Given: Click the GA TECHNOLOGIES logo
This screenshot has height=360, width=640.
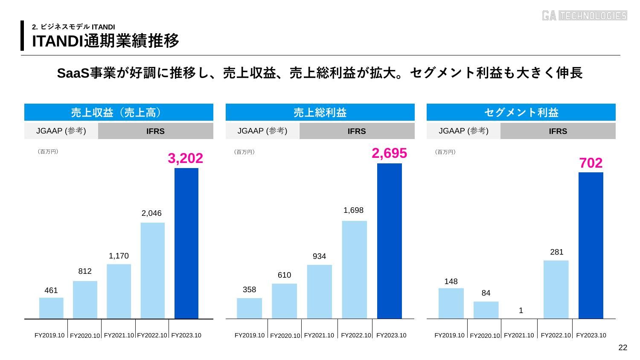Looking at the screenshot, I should (584, 15).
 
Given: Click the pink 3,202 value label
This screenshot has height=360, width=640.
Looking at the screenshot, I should (185, 158).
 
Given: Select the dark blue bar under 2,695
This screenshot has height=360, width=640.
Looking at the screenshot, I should (389, 241).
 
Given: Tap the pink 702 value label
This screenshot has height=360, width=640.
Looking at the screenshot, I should (591, 163).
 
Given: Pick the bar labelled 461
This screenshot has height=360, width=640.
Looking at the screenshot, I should (51, 308).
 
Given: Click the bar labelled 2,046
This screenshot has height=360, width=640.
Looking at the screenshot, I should (152, 270).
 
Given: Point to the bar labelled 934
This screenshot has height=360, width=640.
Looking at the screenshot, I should (319, 291).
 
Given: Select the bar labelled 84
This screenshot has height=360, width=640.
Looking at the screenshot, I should (486, 310).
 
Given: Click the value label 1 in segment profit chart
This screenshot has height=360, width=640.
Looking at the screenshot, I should (521, 311).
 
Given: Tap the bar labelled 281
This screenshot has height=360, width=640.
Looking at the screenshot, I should (556, 289).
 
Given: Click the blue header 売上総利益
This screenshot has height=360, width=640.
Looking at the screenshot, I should (320, 113).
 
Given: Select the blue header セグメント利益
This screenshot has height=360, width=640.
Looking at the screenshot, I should (521, 113).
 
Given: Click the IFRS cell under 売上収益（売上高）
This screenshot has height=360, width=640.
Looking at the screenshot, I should (155, 131).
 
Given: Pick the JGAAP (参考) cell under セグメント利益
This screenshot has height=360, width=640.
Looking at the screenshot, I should (463, 131).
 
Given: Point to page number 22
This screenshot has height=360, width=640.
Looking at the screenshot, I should (623, 348).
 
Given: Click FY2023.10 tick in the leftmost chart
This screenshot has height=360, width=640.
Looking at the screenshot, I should (186, 335).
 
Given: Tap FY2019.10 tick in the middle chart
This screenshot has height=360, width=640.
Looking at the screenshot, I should (250, 335).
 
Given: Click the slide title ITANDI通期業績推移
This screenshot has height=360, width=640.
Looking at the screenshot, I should (106, 41).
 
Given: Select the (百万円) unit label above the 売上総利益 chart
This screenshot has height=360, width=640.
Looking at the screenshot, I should (244, 152).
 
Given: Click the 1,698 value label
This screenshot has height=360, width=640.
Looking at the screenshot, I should (353, 210).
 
